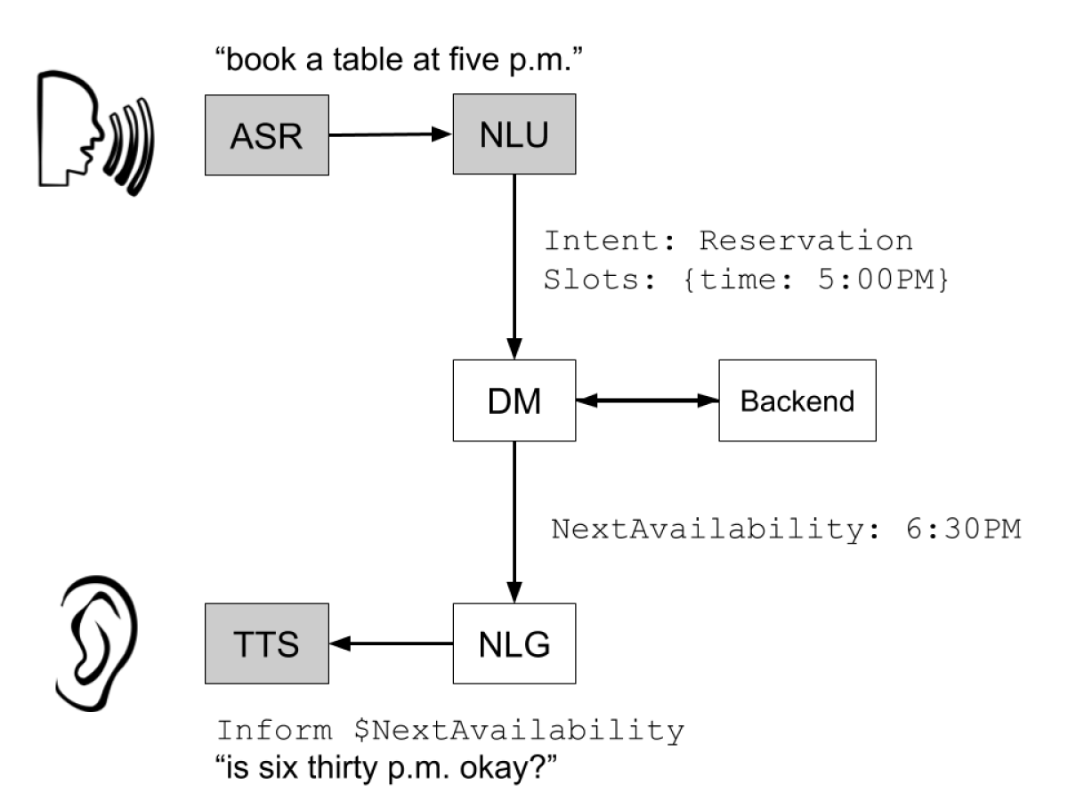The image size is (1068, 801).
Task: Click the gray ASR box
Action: coord(267,135)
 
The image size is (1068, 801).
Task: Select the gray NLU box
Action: coord(514,133)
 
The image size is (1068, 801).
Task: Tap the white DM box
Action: coord(514,400)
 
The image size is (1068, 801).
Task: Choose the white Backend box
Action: coord(797,400)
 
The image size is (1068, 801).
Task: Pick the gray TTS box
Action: coord(267,643)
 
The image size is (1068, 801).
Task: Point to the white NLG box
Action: coord(514,643)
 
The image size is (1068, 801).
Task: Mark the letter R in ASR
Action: coord(290,137)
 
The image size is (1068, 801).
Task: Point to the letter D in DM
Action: coord(499,401)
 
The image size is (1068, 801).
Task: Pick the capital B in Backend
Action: coord(748,401)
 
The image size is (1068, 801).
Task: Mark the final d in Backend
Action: coord(846,401)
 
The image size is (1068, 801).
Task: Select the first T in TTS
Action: coord(244,644)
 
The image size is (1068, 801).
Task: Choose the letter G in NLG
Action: coord(537,644)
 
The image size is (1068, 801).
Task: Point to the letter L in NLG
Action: coord(514,644)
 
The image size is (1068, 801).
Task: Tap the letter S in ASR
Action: coord(266,137)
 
